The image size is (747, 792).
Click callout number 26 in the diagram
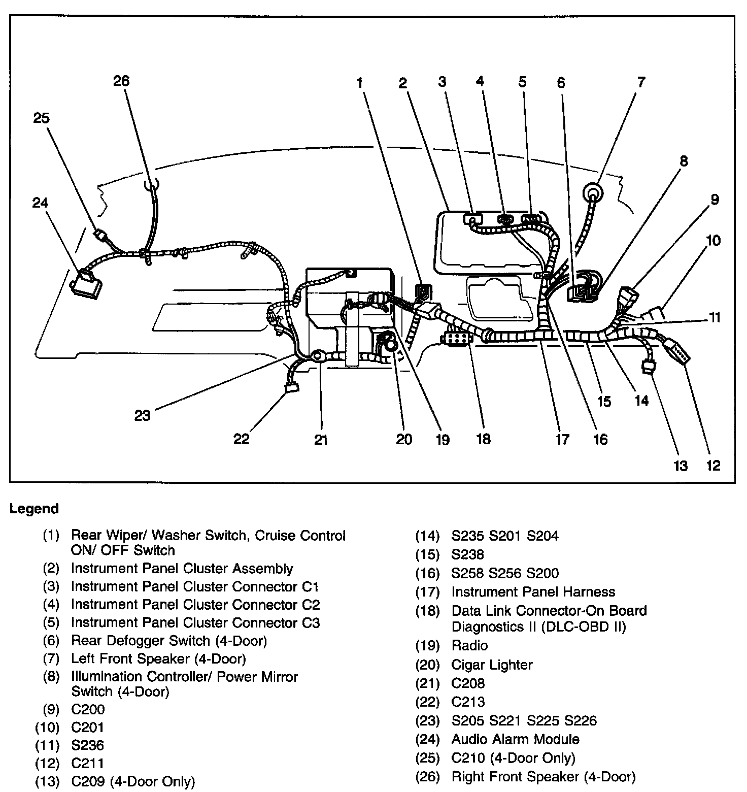pos(121,81)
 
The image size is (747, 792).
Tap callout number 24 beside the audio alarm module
pos(40,203)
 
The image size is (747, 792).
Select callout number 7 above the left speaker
pos(641,82)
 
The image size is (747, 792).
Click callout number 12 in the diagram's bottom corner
pos(713,465)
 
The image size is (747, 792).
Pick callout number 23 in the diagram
pos(143,415)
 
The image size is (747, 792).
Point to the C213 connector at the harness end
pos(292,388)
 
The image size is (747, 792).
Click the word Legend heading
pos(35,509)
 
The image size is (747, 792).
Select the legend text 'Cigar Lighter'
pos(492,665)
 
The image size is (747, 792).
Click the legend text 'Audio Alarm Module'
pos(516,739)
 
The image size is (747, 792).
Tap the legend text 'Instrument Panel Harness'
pos(533,592)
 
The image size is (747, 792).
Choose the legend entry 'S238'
pos(468,554)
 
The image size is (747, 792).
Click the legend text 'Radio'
pos(469,646)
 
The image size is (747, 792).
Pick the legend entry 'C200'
pos(88,709)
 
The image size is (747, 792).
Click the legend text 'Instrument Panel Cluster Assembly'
pos(182,569)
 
